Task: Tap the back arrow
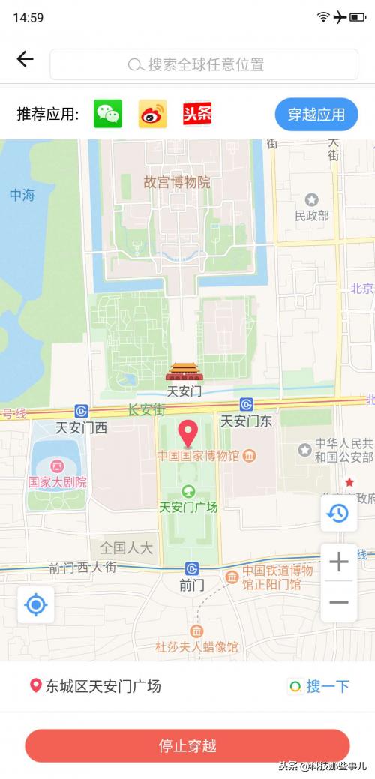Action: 25,59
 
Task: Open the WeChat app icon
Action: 108,114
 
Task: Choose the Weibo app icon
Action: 153,114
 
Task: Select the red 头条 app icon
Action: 197,114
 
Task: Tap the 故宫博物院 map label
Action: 177,182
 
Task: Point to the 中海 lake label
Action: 22,195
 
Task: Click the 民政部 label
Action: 312,216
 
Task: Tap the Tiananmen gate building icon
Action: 181,372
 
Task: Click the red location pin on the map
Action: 187,433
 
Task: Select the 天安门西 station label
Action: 81,428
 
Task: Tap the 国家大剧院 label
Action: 58,482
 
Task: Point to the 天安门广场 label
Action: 188,507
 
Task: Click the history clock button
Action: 339,514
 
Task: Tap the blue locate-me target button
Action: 36,604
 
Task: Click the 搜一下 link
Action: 319,686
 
